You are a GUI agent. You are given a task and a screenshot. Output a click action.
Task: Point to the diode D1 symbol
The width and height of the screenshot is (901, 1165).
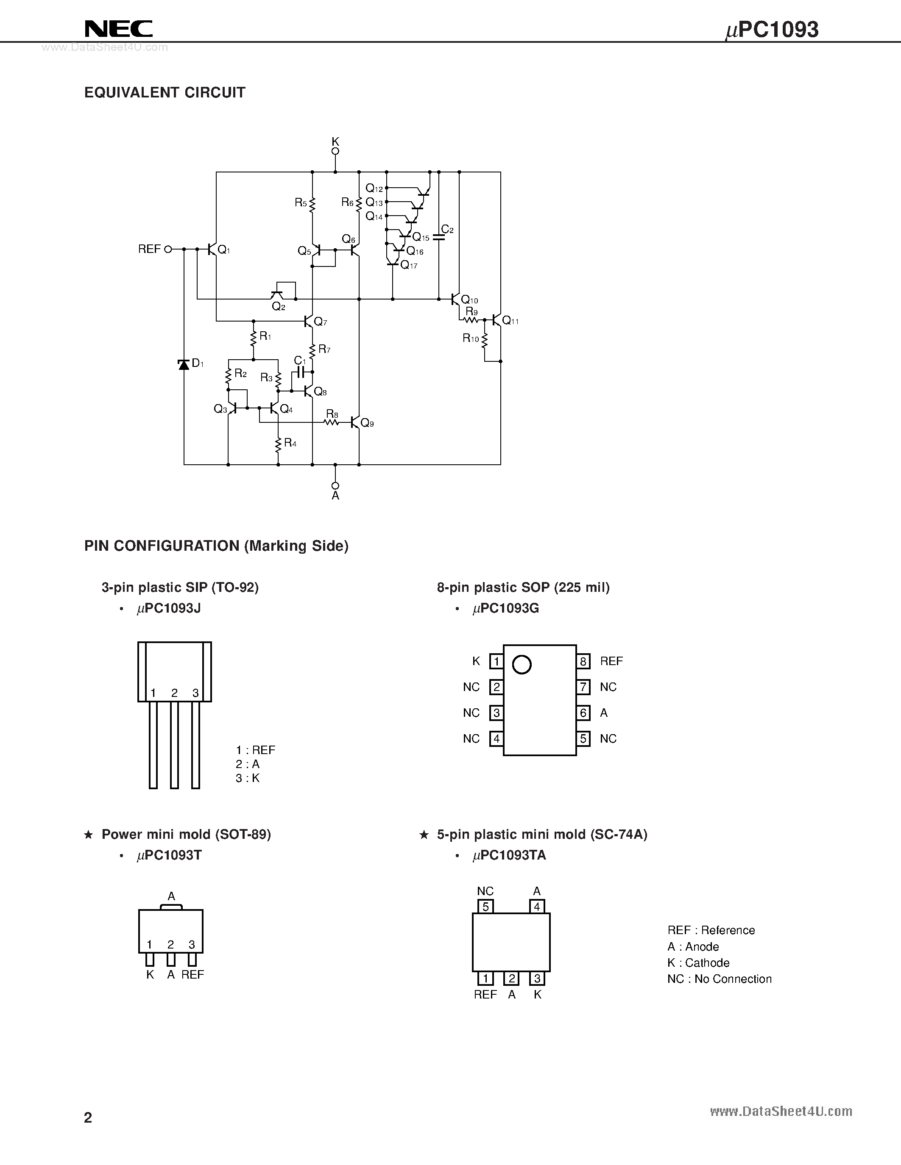point(184,364)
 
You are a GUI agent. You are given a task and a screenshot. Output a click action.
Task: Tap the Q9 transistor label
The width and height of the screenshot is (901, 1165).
point(367,424)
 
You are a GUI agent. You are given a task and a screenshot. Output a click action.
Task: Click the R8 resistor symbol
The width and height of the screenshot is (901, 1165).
point(332,422)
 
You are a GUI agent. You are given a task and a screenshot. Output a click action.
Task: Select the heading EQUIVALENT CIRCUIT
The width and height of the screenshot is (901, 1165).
point(165,93)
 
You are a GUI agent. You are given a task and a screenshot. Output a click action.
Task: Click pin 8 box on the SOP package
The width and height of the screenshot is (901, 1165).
point(583,661)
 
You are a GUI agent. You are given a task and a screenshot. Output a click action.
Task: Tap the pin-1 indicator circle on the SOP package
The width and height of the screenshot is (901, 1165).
point(522,665)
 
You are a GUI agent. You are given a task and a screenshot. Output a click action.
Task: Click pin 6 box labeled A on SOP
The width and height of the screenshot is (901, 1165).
point(583,713)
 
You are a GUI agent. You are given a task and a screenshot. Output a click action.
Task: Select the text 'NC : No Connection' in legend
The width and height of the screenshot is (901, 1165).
point(719,979)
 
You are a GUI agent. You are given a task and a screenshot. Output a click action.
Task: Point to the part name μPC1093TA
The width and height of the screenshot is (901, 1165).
point(509,856)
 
